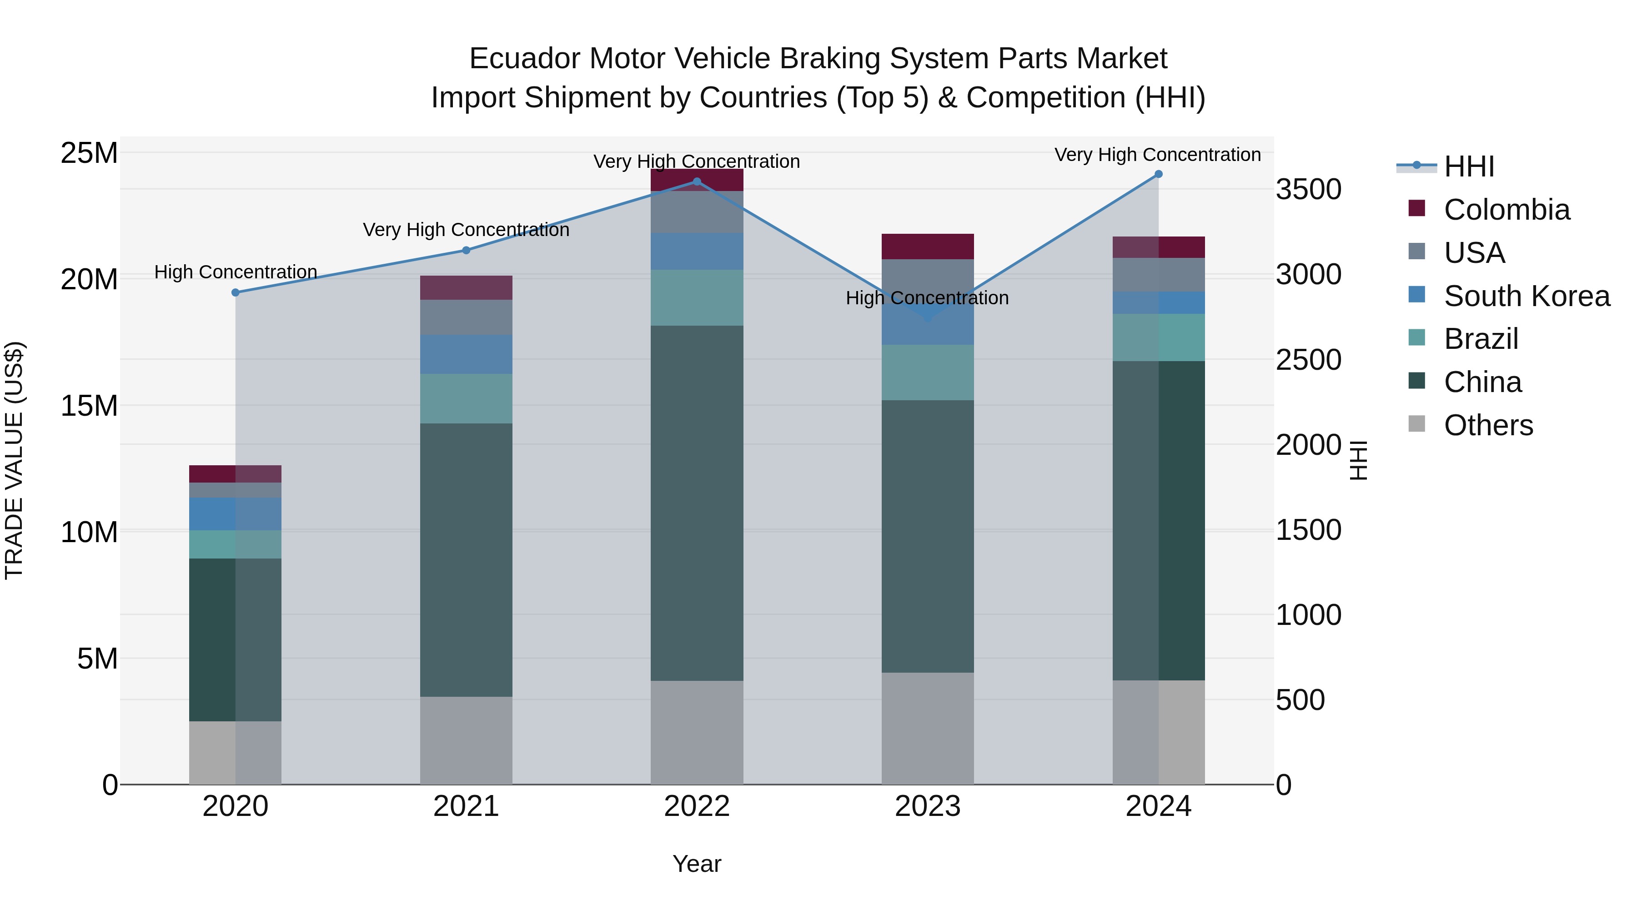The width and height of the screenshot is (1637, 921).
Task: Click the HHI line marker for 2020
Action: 235,292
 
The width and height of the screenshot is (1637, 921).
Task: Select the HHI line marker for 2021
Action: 466,250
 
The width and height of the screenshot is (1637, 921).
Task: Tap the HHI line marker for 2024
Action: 1158,174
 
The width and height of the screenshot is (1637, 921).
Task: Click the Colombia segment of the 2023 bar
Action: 927,246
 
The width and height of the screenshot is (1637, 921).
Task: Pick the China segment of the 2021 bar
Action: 466,559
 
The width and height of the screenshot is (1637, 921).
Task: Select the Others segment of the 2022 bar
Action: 697,732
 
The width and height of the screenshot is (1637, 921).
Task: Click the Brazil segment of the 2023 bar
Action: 927,372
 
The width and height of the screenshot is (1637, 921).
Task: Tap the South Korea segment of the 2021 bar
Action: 466,354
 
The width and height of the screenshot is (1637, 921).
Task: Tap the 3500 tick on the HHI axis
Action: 1308,189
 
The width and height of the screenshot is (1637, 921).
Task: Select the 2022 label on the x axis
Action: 697,806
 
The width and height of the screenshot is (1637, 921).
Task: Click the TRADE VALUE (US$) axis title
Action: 14,460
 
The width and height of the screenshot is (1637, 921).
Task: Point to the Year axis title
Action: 697,864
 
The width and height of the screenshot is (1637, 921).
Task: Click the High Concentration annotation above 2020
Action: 235,272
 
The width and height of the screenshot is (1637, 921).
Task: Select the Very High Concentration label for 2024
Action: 1157,155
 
